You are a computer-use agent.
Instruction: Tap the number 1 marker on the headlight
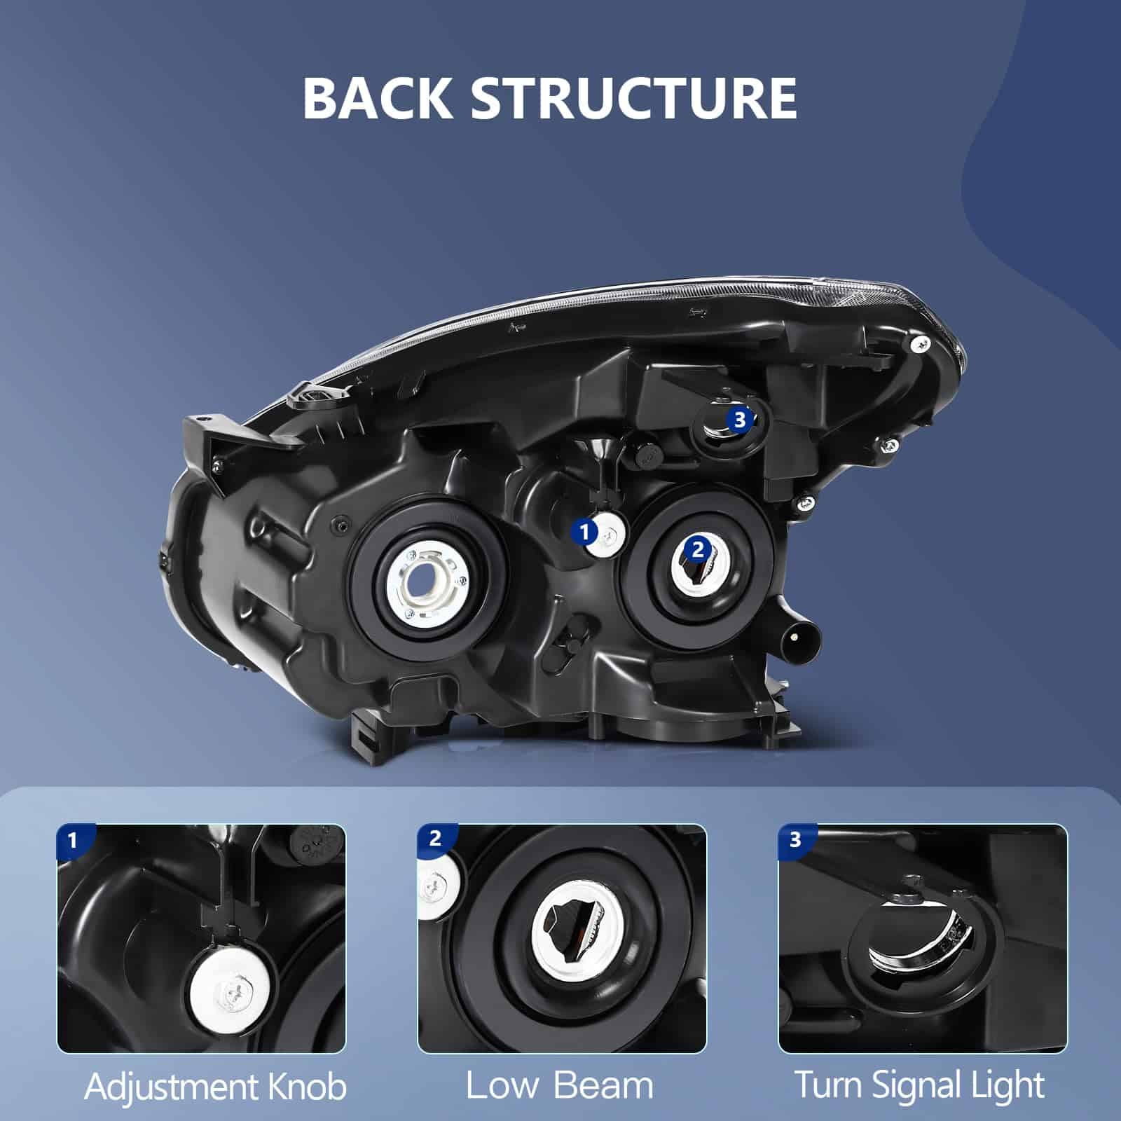tap(585, 533)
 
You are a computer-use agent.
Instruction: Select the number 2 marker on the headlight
tap(696, 549)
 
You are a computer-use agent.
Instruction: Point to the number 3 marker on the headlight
tap(740, 420)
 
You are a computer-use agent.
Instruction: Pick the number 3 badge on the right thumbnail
tap(795, 839)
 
